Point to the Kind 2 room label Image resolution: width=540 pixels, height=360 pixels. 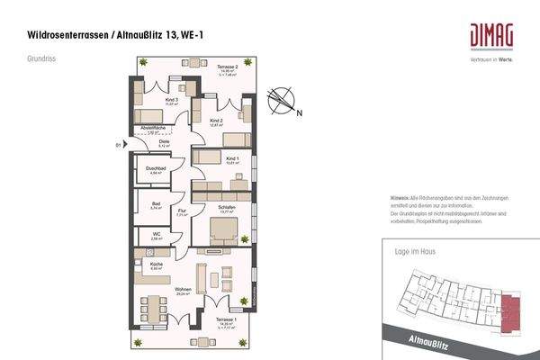[x=216, y=121]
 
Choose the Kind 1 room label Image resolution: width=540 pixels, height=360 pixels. [x=231, y=158]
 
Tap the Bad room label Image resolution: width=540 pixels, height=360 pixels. [x=155, y=204]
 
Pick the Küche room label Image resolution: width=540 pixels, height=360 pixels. [x=156, y=265]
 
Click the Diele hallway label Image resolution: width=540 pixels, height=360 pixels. [x=165, y=140]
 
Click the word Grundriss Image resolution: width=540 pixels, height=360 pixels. [x=41, y=60]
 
